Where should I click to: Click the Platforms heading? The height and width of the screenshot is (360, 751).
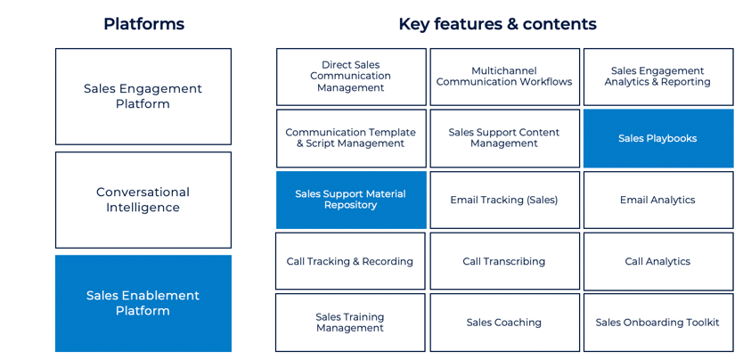click(x=143, y=24)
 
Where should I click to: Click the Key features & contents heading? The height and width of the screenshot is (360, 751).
click(x=497, y=24)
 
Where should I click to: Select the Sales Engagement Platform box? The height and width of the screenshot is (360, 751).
click(x=143, y=96)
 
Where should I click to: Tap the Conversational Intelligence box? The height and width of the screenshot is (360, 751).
click(x=143, y=200)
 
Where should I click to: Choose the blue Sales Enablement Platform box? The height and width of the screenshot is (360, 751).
click(x=143, y=303)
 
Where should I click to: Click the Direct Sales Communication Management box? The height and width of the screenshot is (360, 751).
click(x=351, y=77)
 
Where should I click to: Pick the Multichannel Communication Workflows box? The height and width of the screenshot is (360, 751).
click(x=504, y=77)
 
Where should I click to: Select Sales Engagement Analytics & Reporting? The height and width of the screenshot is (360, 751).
click(x=657, y=77)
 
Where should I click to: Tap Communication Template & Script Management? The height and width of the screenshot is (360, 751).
click(x=351, y=138)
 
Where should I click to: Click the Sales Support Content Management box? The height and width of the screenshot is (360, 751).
click(x=504, y=138)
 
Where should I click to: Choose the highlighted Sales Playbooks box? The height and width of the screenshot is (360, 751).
click(x=657, y=138)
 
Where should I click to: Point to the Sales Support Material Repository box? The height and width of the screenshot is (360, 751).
click(x=351, y=200)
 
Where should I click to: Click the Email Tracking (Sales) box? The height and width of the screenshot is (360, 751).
click(x=504, y=200)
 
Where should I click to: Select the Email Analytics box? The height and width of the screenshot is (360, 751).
click(x=657, y=200)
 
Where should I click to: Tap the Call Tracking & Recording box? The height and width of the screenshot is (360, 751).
click(x=350, y=261)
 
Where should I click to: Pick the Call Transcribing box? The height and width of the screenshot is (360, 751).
click(x=504, y=261)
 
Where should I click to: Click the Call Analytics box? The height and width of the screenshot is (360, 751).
click(x=657, y=261)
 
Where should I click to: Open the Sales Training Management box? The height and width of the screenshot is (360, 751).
click(x=350, y=323)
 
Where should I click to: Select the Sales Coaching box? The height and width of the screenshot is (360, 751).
click(x=504, y=323)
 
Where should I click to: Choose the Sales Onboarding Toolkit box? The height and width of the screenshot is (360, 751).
click(x=657, y=323)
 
